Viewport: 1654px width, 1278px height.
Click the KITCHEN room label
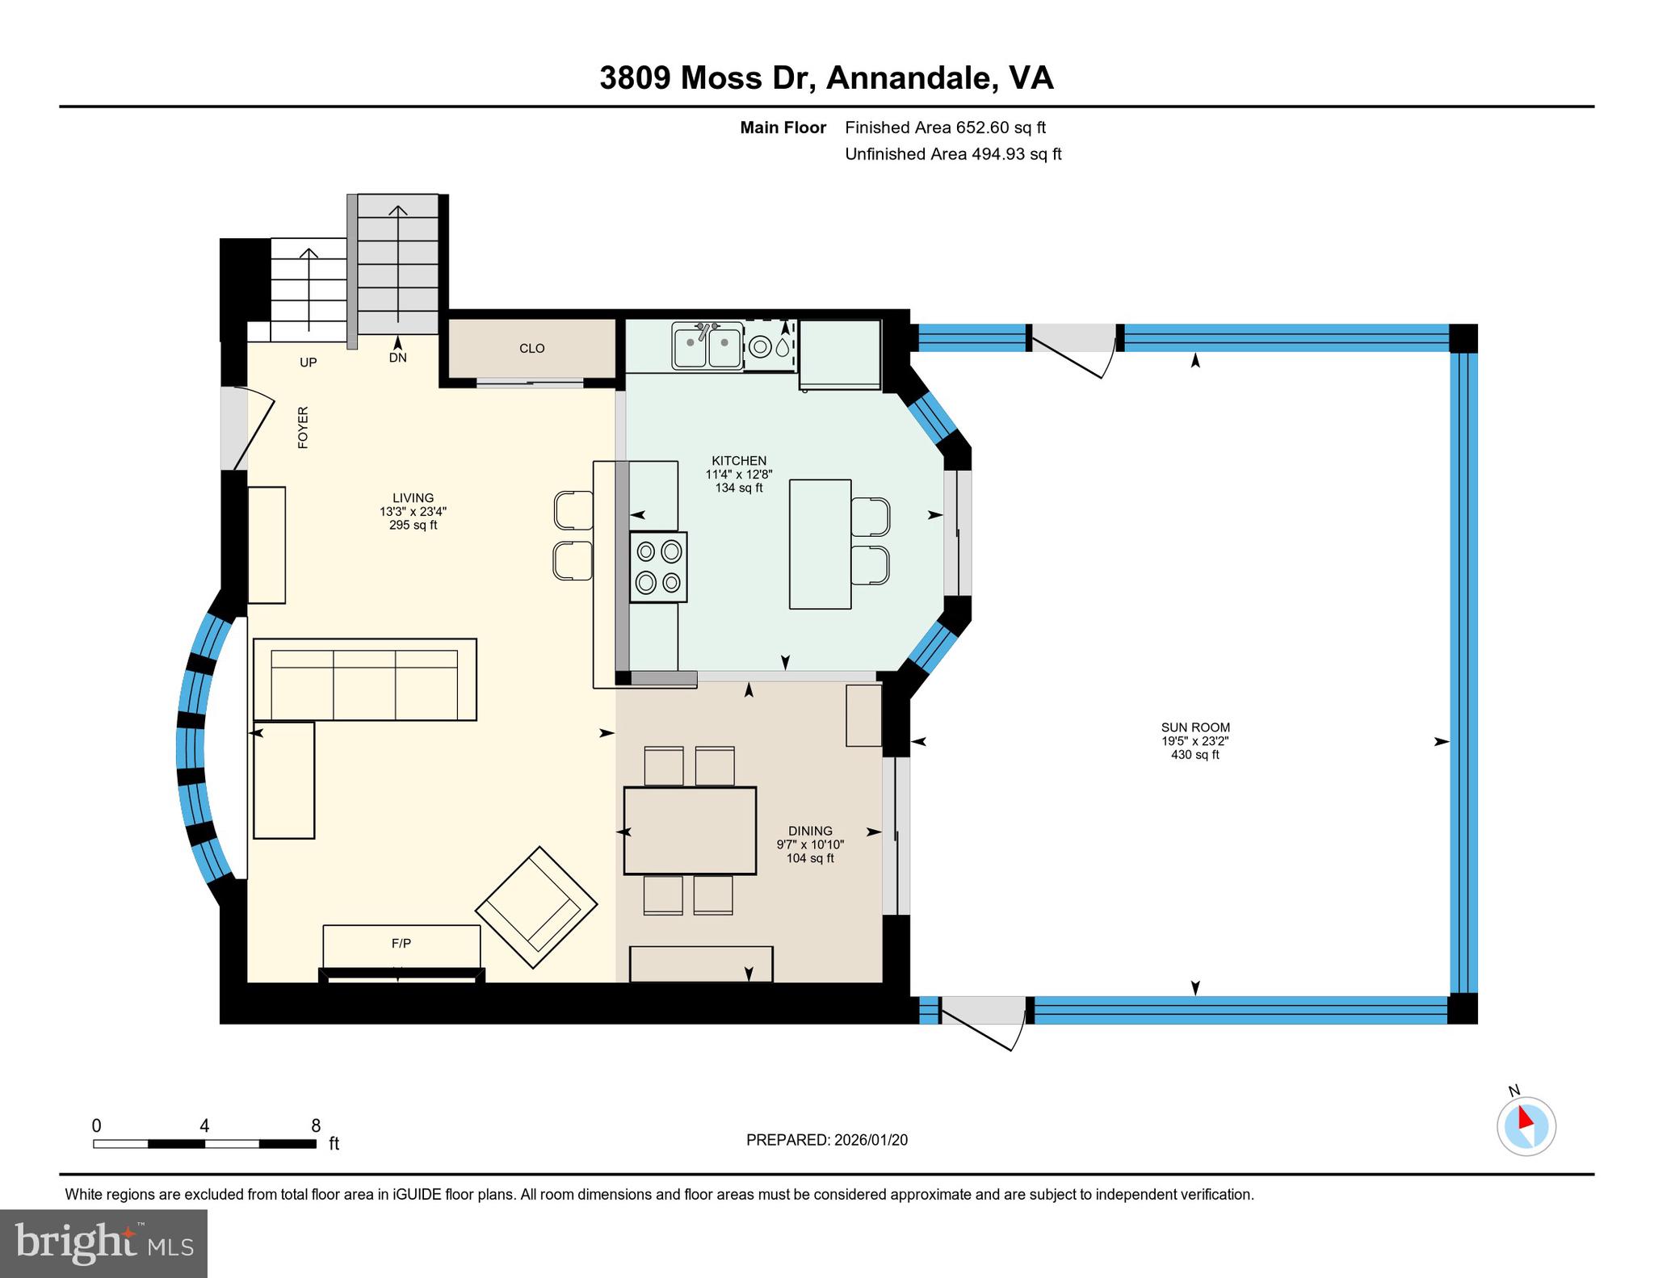coord(739,461)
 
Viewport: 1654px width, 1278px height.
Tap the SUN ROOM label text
coord(1195,727)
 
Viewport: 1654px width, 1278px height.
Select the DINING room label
coord(810,831)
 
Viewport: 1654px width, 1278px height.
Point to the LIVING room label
coord(413,498)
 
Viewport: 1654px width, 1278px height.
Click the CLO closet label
coord(532,349)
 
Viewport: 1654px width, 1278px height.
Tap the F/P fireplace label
coord(401,943)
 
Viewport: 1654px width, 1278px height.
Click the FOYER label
coord(303,427)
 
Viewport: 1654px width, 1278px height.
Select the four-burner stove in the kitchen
coord(658,567)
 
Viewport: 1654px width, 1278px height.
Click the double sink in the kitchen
coord(707,346)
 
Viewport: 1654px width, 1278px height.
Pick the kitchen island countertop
coord(821,544)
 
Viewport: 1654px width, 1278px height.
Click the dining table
coord(690,831)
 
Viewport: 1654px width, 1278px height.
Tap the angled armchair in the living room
coord(536,907)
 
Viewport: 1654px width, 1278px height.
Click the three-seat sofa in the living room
coord(365,679)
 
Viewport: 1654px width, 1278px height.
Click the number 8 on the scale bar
coord(316,1125)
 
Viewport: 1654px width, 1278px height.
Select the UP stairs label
coord(309,362)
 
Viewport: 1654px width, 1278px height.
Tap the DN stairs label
coord(398,357)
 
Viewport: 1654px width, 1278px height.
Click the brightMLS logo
coord(104,1242)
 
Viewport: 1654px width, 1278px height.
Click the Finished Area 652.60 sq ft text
coord(945,128)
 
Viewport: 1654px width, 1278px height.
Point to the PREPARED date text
coord(827,1140)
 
